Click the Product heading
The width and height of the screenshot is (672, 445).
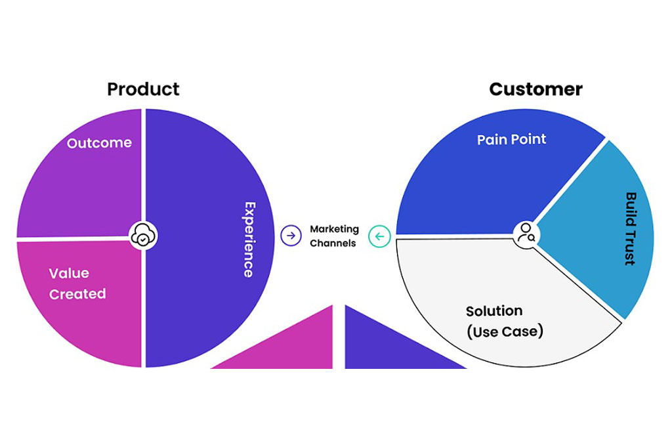point(143,89)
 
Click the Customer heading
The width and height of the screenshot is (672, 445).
point(535,89)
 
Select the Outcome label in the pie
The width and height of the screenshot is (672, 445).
point(99,142)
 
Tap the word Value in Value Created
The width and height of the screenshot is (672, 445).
point(69,273)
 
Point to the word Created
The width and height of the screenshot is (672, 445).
point(77,294)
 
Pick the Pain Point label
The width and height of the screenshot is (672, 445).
point(511,139)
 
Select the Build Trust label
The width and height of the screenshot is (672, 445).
point(631,228)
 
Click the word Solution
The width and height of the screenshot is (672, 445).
point(494,310)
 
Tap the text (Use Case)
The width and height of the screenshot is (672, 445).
point(505,331)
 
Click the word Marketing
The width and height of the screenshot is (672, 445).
point(334,229)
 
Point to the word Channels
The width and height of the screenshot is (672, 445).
point(333,243)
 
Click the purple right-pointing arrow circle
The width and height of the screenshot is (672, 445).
point(291,235)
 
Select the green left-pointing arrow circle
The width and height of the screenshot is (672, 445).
point(379,236)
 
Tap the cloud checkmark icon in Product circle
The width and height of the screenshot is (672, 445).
point(144,236)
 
